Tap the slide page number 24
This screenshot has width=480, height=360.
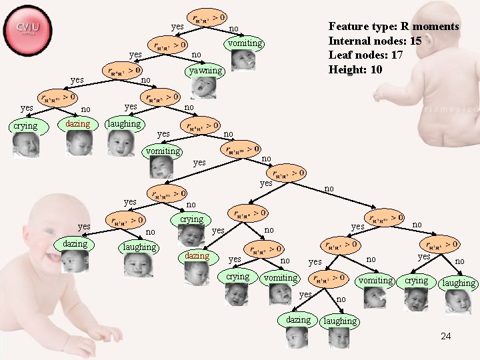click(x=445, y=336)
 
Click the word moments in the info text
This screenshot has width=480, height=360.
click(x=435, y=27)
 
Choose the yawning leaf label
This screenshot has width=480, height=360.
click(x=205, y=70)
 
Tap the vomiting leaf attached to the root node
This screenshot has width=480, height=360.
click(x=245, y=43)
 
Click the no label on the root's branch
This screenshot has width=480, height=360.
click(x=233, y=29)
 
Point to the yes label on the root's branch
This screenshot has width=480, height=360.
click(x=177, y=27)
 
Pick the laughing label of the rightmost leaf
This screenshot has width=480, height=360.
click(x=459, y=283)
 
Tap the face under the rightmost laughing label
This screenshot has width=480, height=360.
click(x=459, y=302)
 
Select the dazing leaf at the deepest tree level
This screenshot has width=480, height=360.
click(x=298, y=319)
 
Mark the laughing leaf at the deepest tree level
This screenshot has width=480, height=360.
click(x=340, y=321)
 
